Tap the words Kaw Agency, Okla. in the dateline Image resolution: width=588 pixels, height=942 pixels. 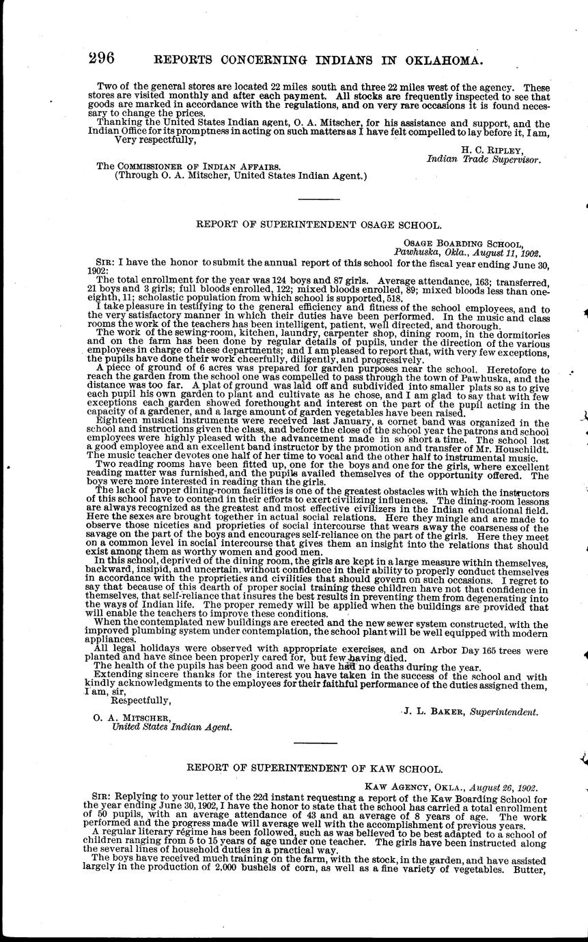pyautogui.click(x=408, y=786)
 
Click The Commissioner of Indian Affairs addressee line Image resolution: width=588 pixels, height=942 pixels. pyautogui.click(x=188, y=166)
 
